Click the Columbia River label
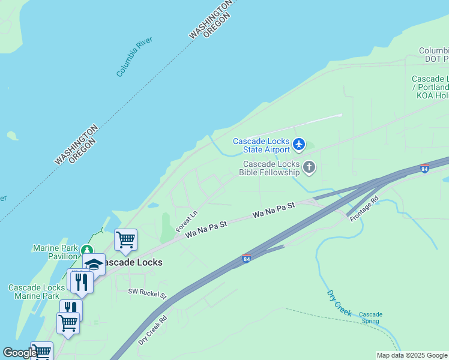134,56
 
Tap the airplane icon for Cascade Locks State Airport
299,145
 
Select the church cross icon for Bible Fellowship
309,167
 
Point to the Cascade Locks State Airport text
262,145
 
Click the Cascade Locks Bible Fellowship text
270,168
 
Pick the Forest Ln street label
187,221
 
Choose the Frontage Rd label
365,209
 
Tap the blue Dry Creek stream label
339,303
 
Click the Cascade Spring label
370,317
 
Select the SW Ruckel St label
146,293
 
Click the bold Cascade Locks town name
130,262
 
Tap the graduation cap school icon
94,263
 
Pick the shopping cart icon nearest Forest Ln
125,240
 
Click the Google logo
20,353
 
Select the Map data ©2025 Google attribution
412,355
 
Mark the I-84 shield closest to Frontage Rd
425,169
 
